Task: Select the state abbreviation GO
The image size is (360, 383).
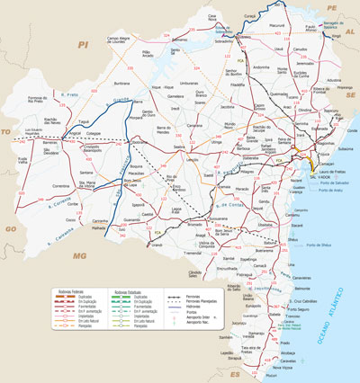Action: [12, 229]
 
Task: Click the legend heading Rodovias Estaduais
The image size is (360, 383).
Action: [129, 292]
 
